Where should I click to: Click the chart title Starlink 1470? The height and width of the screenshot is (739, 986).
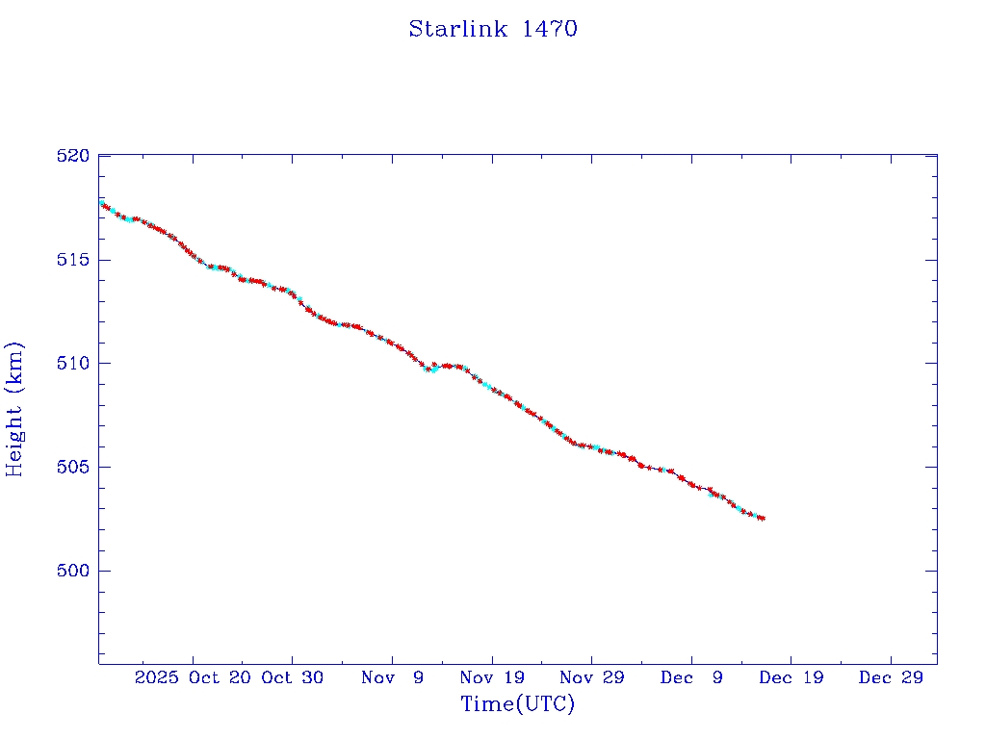[x=492, y=29]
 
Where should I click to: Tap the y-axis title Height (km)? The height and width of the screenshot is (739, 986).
[x=15, y=409]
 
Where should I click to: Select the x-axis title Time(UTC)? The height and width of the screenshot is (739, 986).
[x=517, y=704]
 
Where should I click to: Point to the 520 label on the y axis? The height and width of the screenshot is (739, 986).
[x=73, y=156]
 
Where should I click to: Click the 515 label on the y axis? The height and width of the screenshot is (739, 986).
[x=73, y=260]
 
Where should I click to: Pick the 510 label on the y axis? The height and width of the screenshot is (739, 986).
[x=73, y=364]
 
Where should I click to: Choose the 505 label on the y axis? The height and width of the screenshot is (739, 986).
[x=73, y=467]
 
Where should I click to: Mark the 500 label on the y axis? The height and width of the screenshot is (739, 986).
[x=73, y=571]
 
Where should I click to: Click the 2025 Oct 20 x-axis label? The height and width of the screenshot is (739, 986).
[x=192, y=677]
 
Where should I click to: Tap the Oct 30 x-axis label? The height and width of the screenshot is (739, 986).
[x=293, y=677]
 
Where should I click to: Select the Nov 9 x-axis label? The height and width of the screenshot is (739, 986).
[x=393, y=677]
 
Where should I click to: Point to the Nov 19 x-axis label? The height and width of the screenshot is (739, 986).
[x=492, y=677]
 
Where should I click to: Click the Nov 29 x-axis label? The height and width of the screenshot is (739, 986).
[x=591, y=677]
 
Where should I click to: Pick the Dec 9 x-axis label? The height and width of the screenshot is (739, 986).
[x=691, y=677]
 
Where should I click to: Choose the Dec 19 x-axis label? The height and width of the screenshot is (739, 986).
[x=791, y=677]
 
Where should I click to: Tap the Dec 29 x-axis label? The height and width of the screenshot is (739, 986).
[x=891, y=677]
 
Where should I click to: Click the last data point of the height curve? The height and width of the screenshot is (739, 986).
[x=763, y=519]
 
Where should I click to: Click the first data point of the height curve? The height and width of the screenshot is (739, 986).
[x=101, y=203]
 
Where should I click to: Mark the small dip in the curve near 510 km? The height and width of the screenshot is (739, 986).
[x=430, y=369]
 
